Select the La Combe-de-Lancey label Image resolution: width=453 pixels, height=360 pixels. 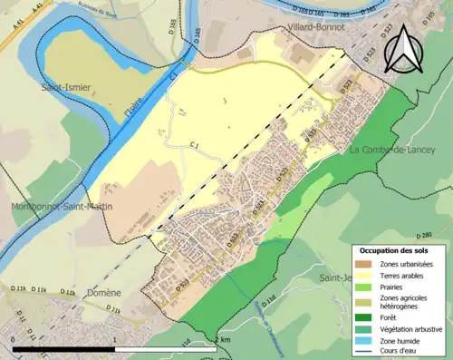coord(393,148)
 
